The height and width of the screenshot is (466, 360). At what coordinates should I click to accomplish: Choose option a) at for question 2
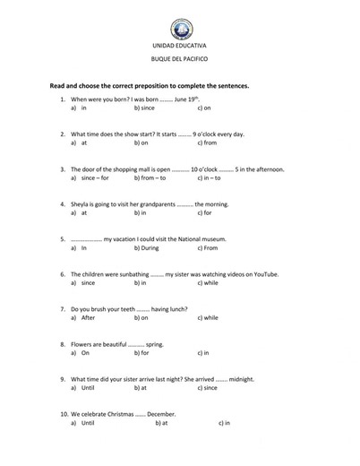(x=81, y=142)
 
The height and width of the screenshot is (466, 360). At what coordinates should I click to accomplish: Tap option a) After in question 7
(x=86, y=317)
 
